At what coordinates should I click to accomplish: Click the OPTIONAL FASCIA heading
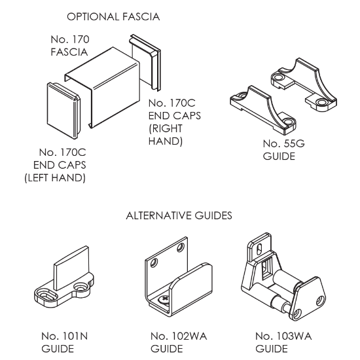[x=113, y=17]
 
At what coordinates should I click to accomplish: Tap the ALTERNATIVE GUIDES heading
[x=179, y=215]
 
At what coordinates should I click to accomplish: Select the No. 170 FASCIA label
[x=70, y=46]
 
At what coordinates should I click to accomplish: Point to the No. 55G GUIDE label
[x=284, y=150]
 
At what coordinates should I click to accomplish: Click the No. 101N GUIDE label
[x=65, y=342]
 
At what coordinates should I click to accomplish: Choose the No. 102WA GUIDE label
[x=179, y=342]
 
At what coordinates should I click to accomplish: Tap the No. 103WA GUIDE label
[x=283, y=342]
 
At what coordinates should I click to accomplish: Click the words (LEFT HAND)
[x=55, y=178]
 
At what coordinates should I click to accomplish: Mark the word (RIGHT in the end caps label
[x=166, y=128]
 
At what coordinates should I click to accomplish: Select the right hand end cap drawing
[x=145, y=62]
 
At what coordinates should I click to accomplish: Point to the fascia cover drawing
[x=102, y=87]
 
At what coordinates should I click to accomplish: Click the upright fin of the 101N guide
[x=71, y=268]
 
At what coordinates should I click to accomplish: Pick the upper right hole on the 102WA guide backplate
[x=181, y=247]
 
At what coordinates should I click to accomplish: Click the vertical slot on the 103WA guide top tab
[x=259, y=249]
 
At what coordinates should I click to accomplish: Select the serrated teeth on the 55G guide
[x=289, y=85]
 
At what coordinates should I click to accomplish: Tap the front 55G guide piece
[x=263, y=110]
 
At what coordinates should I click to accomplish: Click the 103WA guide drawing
[x=283, y=277]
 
